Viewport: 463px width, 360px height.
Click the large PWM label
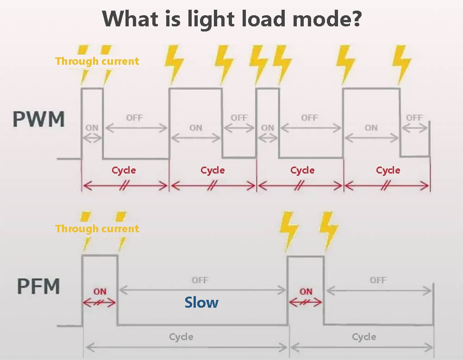tap(38, 119)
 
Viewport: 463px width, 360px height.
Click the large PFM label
tap(38, 286)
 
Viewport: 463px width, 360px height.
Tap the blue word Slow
tap(201, 303)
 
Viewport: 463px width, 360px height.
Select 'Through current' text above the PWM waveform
tap(97, 61)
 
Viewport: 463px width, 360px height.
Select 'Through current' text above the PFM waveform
tap(97, 229)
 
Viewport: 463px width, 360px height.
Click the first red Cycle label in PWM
tap(124, 170)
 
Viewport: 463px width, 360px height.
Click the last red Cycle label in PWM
tap(388, 170)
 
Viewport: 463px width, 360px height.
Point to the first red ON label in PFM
tap(100, 292)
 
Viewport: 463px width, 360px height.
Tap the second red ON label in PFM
tap(306, 292)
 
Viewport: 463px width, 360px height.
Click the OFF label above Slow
tap(200, 280)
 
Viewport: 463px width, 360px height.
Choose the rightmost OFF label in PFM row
tap(378, 280)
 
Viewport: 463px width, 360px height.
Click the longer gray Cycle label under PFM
tap(181, 336)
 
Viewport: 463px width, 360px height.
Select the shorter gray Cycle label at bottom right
tap(364, 336)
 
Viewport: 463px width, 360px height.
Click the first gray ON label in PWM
tap(92, 127)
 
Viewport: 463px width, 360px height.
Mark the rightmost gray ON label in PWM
tap(371, 127)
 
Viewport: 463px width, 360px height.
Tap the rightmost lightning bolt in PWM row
tap(401, 63)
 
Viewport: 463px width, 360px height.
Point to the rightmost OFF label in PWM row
tap(414, 118)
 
